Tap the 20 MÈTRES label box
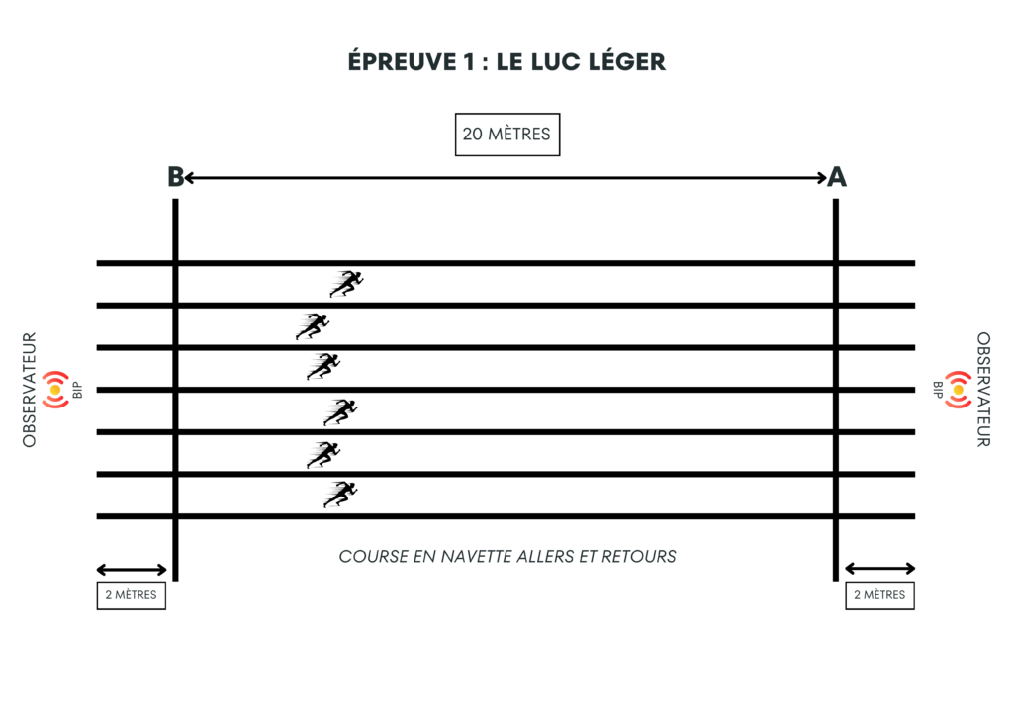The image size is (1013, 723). coord(506,134)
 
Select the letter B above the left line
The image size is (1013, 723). coord(175,177)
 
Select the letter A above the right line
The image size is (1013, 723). coord(837,177)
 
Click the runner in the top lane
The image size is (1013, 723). coord(347,284)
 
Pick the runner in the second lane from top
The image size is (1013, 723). coord(313,326)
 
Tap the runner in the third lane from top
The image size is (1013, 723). coord(323,367)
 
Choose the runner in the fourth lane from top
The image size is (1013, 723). coord(340,411)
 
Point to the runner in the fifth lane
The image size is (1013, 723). coord(323,454)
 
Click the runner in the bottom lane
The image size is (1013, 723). coord(340,494)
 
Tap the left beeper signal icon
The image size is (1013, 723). coord(55,390)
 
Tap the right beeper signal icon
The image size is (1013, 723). coord(958,390)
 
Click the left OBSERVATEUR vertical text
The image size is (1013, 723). coord(30,390)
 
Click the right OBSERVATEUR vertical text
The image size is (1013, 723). coord(983,390)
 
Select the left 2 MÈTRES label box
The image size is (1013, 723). coord(131,595)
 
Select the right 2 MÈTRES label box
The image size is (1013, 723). coord(879,595)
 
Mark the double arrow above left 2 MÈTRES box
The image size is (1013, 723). coord(132,569)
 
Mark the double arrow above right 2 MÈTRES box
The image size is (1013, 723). coord(879,569)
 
